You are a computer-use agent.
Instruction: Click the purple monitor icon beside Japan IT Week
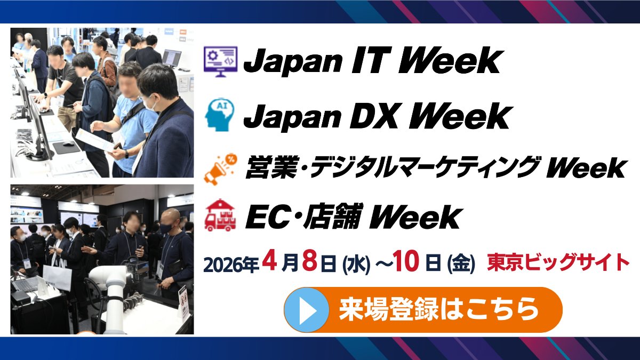pyautogui.click(x=221, y=62)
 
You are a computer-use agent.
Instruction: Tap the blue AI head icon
pyautogui.click(x=221, y=115)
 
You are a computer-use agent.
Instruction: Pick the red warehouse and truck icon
pyautogui.click(x=220, y=215)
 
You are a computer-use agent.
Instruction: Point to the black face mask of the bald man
pyautogui.click(x=167, y=227)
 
